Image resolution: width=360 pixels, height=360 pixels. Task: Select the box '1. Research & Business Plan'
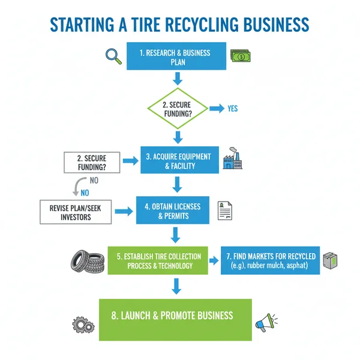[176, 56]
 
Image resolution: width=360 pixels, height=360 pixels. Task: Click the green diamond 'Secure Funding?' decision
[178, 109]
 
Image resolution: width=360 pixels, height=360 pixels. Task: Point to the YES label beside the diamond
[232, 109]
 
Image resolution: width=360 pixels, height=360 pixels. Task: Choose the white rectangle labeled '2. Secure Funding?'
[92, 162]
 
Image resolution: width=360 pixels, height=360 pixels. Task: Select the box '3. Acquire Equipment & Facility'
[178, 161]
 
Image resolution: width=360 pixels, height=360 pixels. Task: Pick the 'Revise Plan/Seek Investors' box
[76, 211]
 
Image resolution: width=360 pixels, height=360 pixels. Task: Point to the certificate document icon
[225, 210]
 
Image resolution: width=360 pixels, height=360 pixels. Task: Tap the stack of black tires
[86, 259]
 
